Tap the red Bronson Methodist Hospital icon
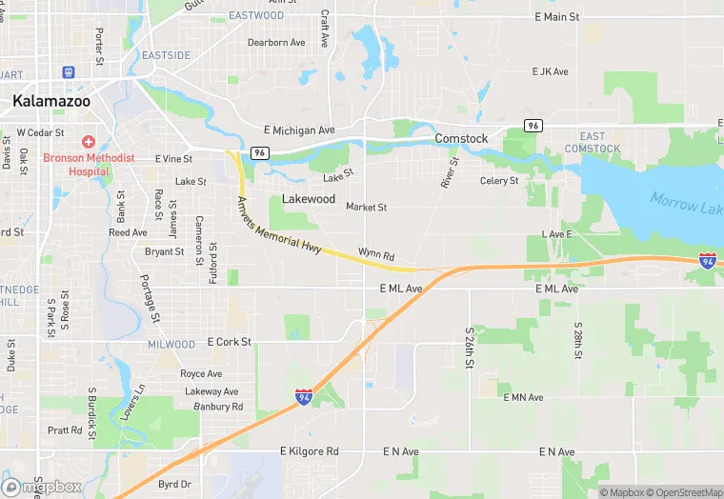point(88,141)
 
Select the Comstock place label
point(461,139)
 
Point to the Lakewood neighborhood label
point(309,199)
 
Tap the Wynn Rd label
point(375,255)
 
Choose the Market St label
point(366,207)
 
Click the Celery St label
point(499,181)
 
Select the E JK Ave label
point(550,71)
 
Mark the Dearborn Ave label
point(276,43)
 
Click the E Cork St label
point(229,342)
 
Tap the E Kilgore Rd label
point(309,450)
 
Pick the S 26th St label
point(470,349)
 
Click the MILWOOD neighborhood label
point(171,344)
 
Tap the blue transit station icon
point(69,72)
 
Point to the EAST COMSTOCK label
point(592,143)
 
